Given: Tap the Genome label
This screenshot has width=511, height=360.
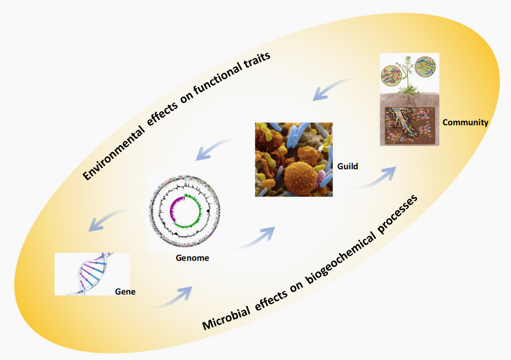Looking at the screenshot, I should pos(192,258).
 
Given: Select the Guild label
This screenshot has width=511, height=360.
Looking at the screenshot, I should pos(347,166).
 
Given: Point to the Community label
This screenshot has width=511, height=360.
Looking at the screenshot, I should pos(466,123).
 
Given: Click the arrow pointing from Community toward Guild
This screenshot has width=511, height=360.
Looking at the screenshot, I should pos(332,88).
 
